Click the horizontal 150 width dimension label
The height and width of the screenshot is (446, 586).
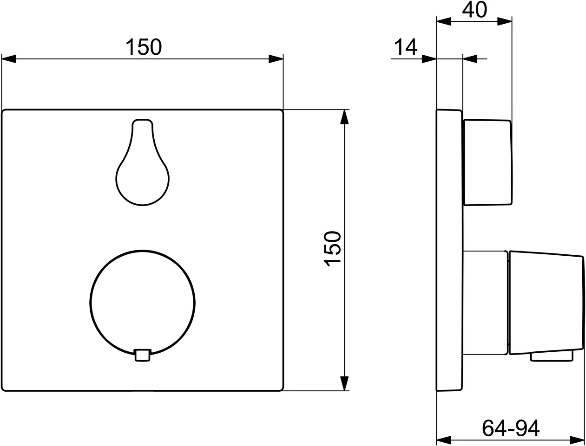click(144, 47)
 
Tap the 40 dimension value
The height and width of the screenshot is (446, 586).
click(475, 10)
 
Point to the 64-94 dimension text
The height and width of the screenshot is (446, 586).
click(510, 427)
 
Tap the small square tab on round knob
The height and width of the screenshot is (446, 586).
click(142, 355)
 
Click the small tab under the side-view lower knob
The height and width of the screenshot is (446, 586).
click(552, 356)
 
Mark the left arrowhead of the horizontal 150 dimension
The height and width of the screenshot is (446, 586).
click(9, 59)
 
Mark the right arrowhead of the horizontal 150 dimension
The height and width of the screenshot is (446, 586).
click(276, 59)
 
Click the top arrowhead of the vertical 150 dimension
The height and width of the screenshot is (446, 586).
click(344, 117)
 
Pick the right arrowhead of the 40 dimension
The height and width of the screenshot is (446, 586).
click(505, 21)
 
